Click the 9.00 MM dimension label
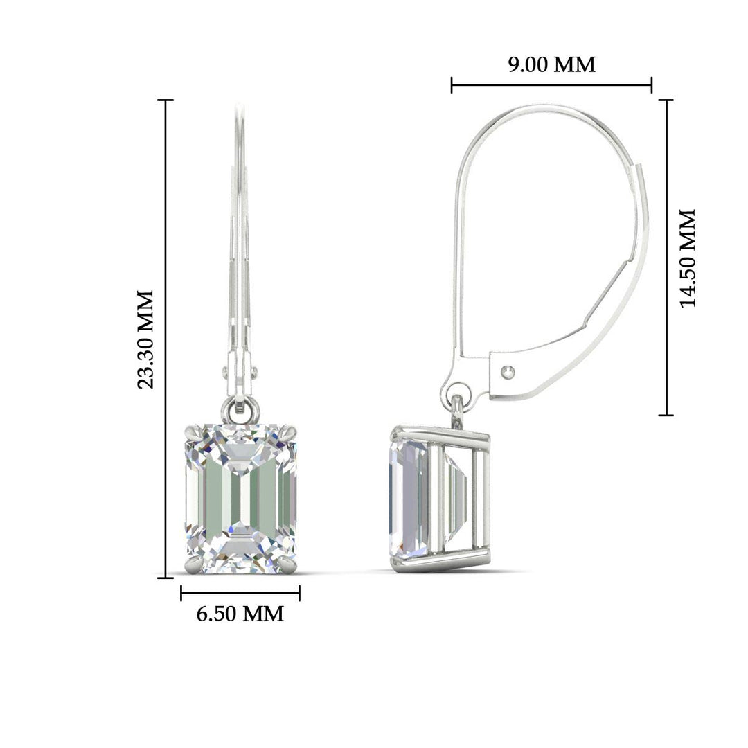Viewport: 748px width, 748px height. click(551, 65)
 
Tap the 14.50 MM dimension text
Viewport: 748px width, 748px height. click(687, 258)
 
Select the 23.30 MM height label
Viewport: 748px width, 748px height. click(145, 339)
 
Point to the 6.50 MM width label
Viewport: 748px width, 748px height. click(240, 614)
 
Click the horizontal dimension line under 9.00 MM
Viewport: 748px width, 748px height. click(551, 86)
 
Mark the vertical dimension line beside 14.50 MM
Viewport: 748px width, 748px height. click(666, 258)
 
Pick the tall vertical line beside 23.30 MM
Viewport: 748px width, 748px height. click(166, 338)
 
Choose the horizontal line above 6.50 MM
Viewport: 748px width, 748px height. click(240, 593)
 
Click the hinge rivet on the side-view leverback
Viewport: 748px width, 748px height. click(509, 372)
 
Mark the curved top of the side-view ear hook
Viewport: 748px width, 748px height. click(547, 109)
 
